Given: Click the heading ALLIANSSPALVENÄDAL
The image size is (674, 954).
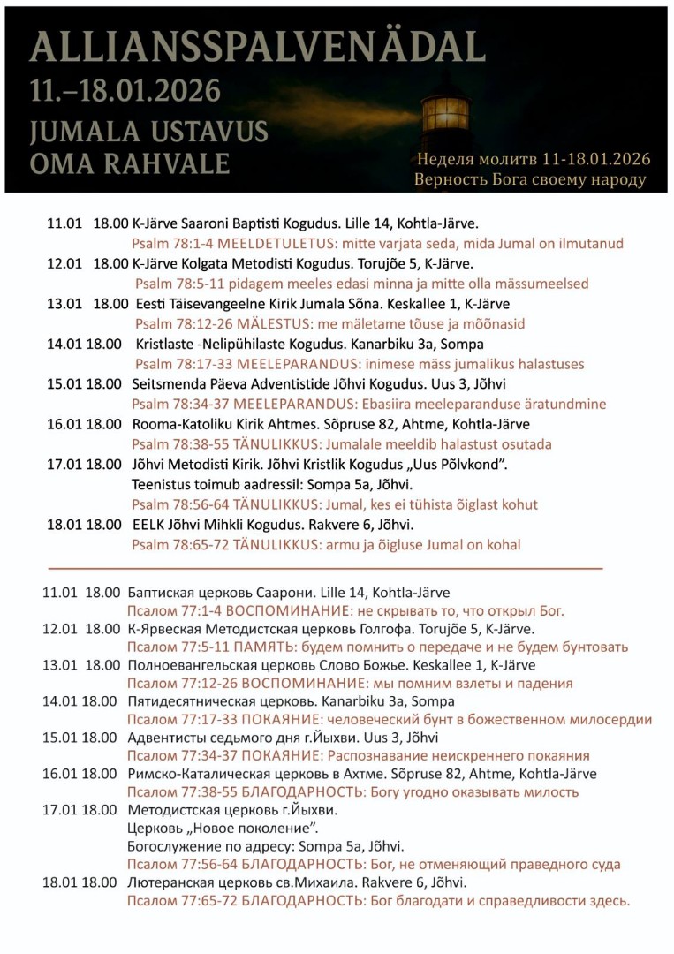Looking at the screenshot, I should pyautogui.click(x=257, y=45).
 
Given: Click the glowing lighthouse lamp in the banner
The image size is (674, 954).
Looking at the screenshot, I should pyautogui.click(x=445, y=113).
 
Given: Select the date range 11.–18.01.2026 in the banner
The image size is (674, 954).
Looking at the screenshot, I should pyautogui.click(x=125, y=90).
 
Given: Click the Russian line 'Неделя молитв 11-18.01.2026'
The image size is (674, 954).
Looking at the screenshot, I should pyautogui.click(x=534, y=159).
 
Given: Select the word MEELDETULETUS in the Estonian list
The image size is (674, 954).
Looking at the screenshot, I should pyautogui.click(x=254, y=243).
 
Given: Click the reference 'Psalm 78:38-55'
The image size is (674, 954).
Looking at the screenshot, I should pyautogui.click(x=179, y=444).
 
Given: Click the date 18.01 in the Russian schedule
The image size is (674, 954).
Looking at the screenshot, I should pyautogui.click(x=60, y=882).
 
